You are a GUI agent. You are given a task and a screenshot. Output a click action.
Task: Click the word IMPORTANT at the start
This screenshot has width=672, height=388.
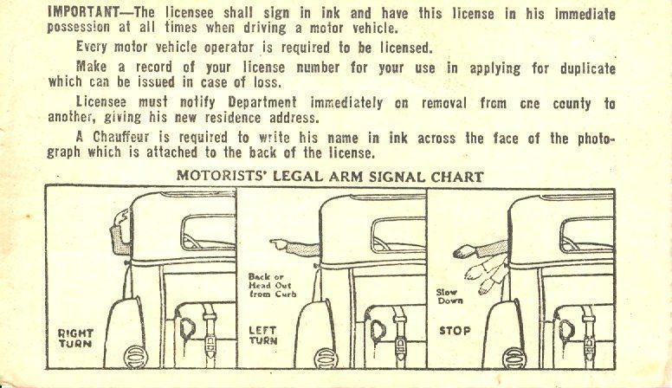(84, 12)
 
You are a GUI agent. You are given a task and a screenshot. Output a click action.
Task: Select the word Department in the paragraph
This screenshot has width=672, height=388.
(262, 102)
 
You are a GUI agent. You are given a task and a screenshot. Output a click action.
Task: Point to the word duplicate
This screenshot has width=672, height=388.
(588, 68)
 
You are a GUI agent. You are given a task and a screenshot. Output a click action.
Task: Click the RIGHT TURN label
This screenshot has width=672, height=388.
(75, 339)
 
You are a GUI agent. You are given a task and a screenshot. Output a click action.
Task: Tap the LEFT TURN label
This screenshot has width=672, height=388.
(263, 335)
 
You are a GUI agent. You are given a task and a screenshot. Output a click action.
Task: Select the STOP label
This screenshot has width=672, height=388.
(455, 331)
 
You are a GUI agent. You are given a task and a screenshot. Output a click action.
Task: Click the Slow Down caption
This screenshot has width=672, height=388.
(449, 296)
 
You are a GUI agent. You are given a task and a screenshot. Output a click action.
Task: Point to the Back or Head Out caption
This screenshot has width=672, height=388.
(272, 286)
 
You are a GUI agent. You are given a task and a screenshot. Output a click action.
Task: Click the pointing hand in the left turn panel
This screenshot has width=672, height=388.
(279, 245)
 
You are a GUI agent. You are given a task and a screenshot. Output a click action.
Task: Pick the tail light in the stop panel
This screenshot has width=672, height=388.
(514, 358)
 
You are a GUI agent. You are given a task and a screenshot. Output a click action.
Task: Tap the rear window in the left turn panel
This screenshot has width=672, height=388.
(398, 235)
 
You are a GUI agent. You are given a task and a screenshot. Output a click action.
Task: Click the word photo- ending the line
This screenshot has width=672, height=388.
(596, 138)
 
